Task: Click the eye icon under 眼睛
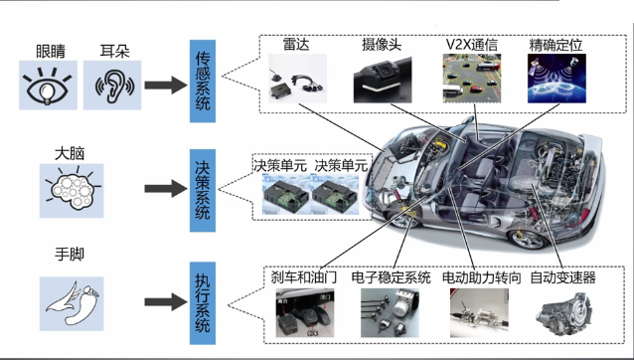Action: (48, 86)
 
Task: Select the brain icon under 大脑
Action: (72, 191)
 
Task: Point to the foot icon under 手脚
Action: (72, 303)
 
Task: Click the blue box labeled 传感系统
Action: (203, 81)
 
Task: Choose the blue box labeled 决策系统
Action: (203, 190)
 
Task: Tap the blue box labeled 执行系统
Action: (203, 303)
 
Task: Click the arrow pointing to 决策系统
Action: (166, 189)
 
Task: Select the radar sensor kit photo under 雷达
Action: (297, 79)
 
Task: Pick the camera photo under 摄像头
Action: (383, 80)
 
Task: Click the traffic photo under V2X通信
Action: (472, 79)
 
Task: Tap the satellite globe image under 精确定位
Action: (556, 79)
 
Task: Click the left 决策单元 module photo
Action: (286, 194)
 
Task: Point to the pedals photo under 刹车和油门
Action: (305, 312)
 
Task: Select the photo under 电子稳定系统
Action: (390, 312)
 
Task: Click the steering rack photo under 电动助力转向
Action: (479, 312)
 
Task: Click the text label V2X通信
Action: (471, 45)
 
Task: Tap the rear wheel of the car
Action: (529, 240)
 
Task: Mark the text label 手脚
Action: (70, 255)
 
